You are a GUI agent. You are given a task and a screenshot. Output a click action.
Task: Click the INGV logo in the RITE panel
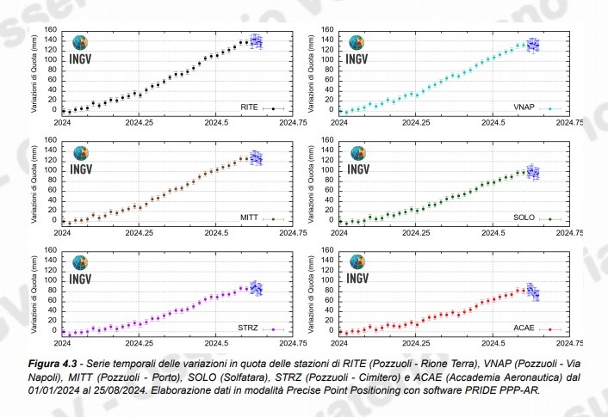coord(80,51)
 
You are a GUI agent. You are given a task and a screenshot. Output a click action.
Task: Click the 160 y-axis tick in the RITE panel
coord(51,30)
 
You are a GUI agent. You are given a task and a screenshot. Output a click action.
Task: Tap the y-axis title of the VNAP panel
coord(309,71)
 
